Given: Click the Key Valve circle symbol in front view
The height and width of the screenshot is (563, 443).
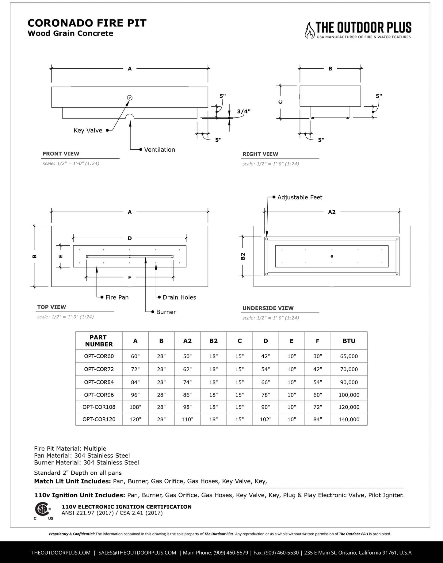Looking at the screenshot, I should click(130, 98).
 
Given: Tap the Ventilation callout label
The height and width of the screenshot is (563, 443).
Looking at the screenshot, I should click(159, 150).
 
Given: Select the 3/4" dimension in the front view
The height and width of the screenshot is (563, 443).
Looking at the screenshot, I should click(244, 111).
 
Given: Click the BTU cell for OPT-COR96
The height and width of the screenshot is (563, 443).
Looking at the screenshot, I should click(349, 395).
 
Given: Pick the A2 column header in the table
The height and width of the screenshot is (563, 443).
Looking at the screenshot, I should click(187, 341).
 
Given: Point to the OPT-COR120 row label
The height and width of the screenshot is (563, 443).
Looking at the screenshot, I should click(99, 419).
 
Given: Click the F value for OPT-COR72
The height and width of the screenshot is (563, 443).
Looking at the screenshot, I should click(318, 369).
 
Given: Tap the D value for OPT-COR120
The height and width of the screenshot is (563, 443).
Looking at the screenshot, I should click(265, 419).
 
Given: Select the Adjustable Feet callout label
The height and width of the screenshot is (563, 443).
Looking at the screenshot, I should click(300, 197).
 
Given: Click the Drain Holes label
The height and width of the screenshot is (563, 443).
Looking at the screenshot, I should click(179, 297).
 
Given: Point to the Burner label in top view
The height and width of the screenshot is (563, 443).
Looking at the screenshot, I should click(166, 312).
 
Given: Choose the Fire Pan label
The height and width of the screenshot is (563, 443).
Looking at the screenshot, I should click(117, 297).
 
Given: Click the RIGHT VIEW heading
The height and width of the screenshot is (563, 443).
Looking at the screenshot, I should click(260, 154).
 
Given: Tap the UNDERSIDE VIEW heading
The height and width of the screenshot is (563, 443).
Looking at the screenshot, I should click(268, 308).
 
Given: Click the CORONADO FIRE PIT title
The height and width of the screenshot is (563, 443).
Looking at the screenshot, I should click(87, 23).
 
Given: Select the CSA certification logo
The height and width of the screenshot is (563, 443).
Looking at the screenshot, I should click(43, 510).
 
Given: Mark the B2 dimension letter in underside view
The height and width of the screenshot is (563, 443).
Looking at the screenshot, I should click(243, 256).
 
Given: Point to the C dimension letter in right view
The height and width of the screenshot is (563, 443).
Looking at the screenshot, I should click(280, 102).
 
